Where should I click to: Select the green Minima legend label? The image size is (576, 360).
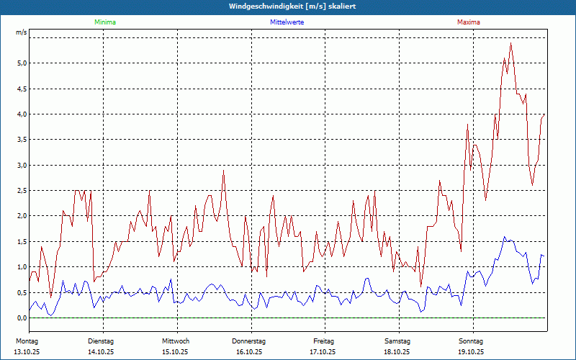click(104, 22)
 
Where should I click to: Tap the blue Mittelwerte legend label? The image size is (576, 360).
click(287, 22)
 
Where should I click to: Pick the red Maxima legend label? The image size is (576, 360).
click(468, 22)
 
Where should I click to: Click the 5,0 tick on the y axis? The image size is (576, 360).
click(22, 63)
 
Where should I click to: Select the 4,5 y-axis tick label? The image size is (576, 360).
click(22, 89)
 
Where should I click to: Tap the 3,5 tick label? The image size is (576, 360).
click(22, 140)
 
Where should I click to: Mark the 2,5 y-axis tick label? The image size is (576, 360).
click(22, 191)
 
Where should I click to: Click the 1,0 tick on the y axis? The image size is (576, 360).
click(22, 267)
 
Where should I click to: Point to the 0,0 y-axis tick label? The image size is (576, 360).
click(22, 318)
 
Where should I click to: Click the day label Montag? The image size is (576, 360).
click(27, 341)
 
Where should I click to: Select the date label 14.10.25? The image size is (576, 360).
click(101, 352)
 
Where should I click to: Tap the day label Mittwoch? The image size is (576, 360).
click(176, 341)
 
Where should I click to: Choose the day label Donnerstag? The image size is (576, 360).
click(249, 341)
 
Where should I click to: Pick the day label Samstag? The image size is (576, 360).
click(397, 341)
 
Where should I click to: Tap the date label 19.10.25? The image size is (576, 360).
click(471, 352)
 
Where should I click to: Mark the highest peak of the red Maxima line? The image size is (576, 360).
click(510, 43)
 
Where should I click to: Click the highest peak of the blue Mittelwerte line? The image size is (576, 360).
click(504, 236)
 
